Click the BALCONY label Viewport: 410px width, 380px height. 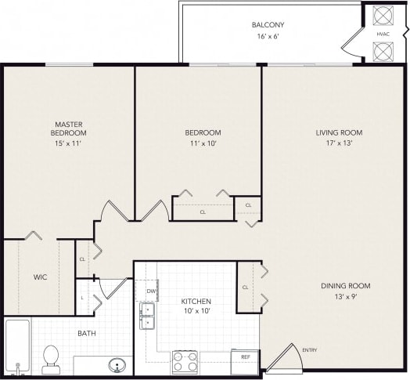[268, 24]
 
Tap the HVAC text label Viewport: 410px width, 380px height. [383, 34]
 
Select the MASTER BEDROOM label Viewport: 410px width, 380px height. [68, 128]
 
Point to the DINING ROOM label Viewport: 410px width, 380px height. [344, 286]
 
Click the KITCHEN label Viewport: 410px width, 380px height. [196, 301]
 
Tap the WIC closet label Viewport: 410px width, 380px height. [41, 277]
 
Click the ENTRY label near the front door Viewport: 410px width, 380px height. [310, 349]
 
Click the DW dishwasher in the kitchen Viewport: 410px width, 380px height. [151, 291]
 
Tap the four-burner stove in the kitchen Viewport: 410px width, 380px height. [185, 362]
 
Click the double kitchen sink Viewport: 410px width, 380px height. [146, 316]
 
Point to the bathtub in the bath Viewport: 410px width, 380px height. [16, 346]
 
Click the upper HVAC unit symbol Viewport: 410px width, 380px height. [383, 16]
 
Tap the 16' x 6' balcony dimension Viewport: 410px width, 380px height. [268, 36]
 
